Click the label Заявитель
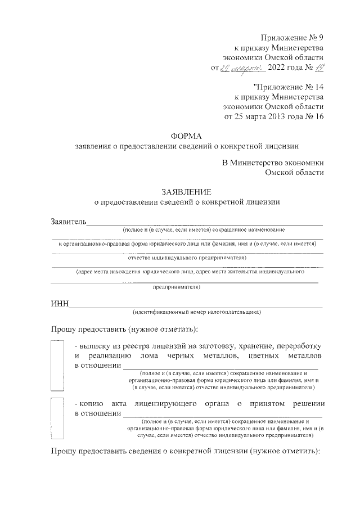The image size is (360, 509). coord(68,221)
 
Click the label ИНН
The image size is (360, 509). coord(60,304)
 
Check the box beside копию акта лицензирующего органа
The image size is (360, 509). coord(58,418)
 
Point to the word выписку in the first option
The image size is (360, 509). coord(98,345)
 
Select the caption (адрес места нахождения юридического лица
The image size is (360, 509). coord(190,271)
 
